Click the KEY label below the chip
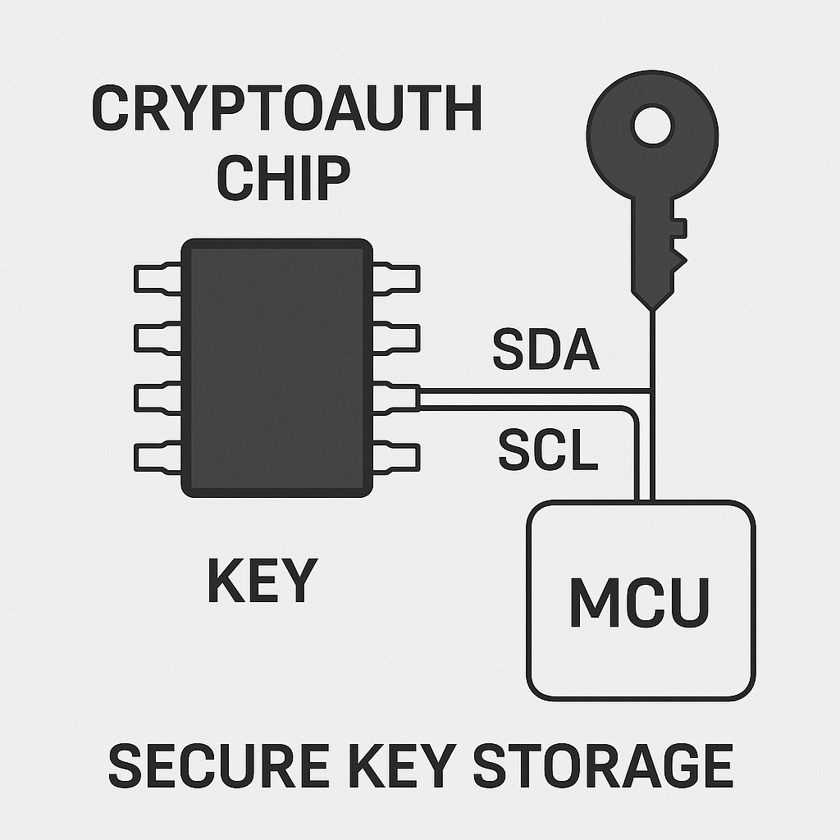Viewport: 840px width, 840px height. click(261, 581)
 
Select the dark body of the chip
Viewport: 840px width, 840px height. click(277, 367)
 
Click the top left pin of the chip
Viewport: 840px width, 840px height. click(157, 278)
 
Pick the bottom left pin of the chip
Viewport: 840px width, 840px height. click(157, 456)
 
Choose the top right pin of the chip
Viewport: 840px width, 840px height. click(397, 278)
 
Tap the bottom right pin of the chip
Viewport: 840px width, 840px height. click(397, 456)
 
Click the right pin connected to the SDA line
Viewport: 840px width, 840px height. click(397, 397)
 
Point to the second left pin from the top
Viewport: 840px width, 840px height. click(157, 337)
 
